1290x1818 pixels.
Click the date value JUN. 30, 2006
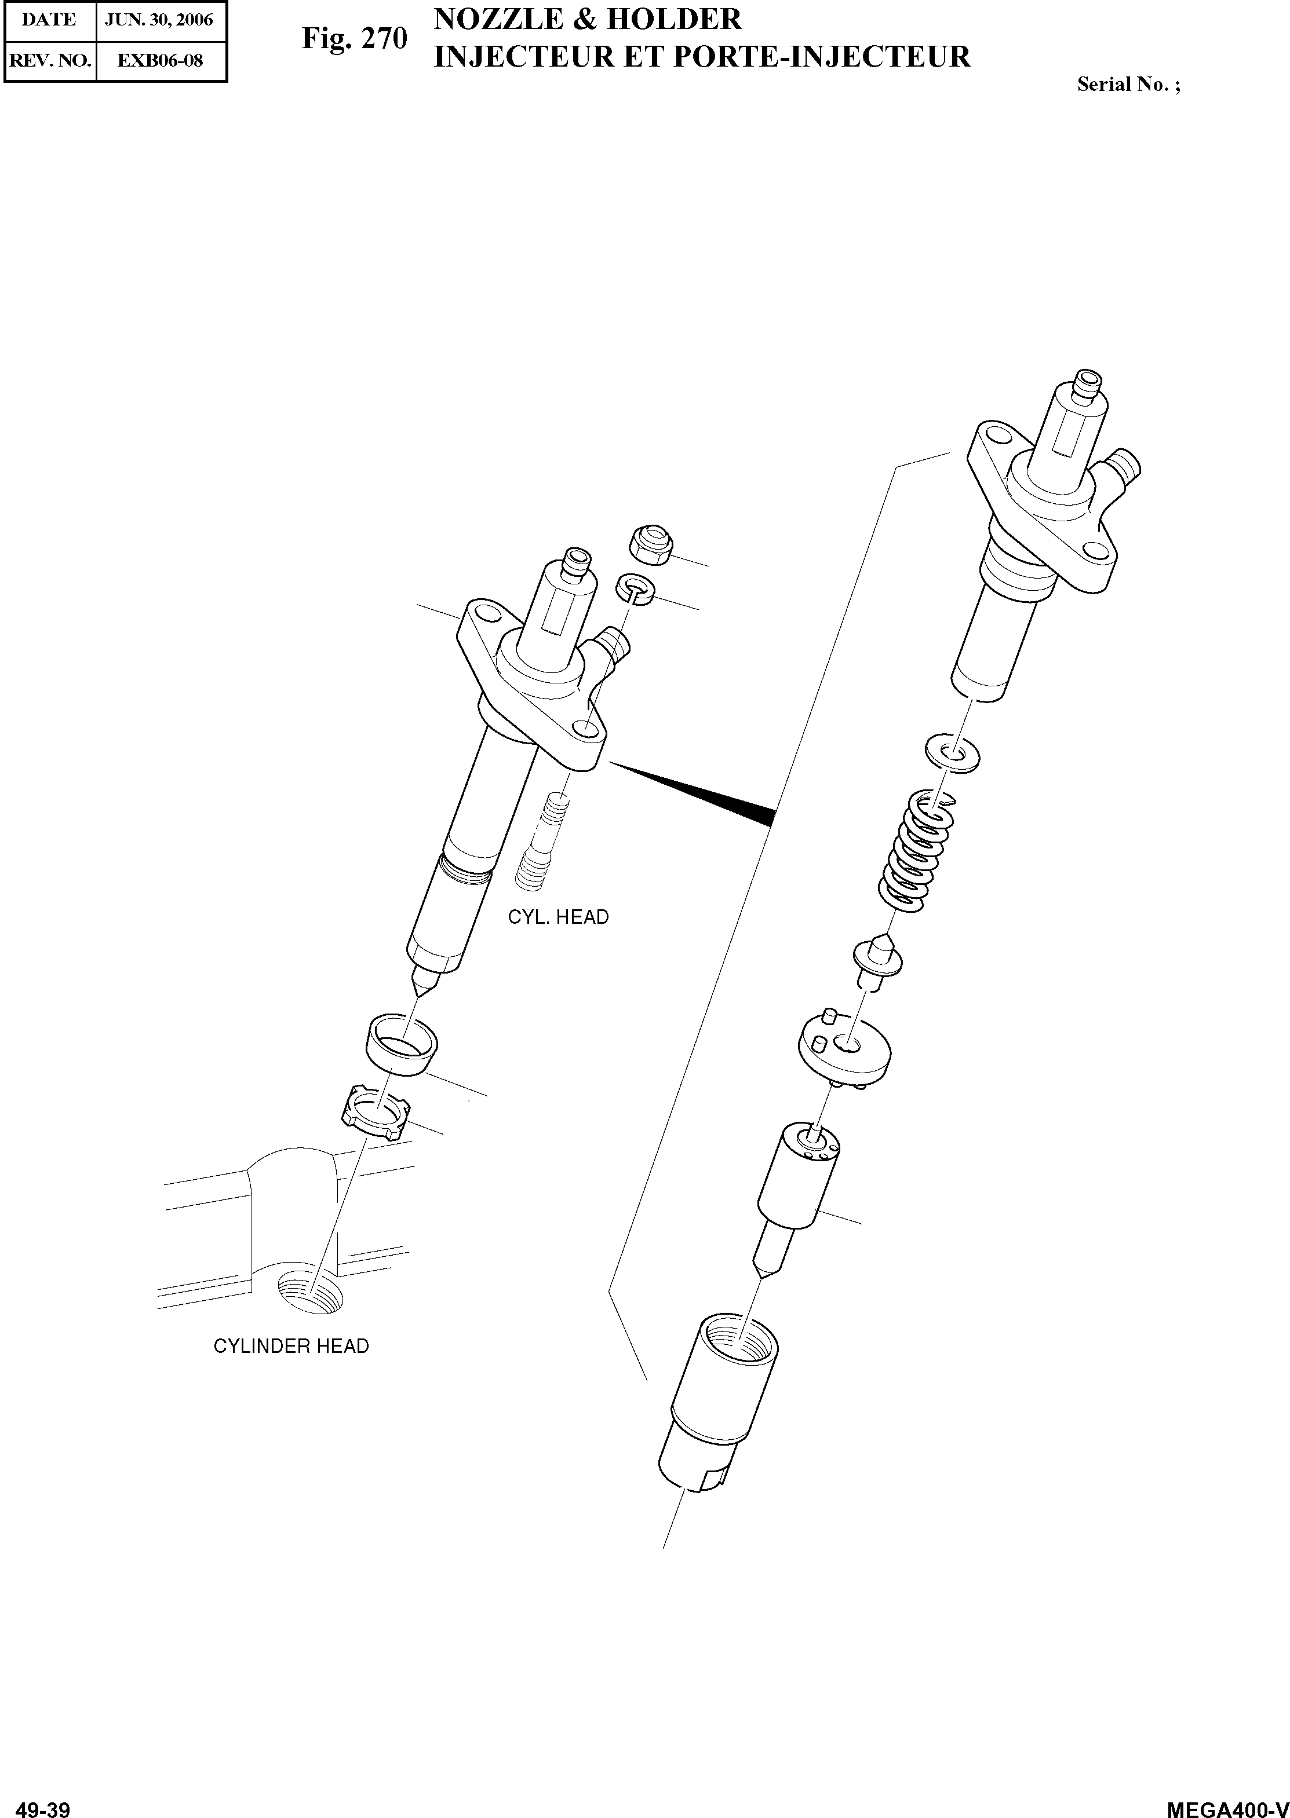(x=160, y=20)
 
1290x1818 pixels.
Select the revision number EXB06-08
(x=160, y=60)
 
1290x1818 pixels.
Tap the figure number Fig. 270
(x=354, y=38)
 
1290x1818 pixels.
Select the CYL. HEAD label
(x=559, y=917)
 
